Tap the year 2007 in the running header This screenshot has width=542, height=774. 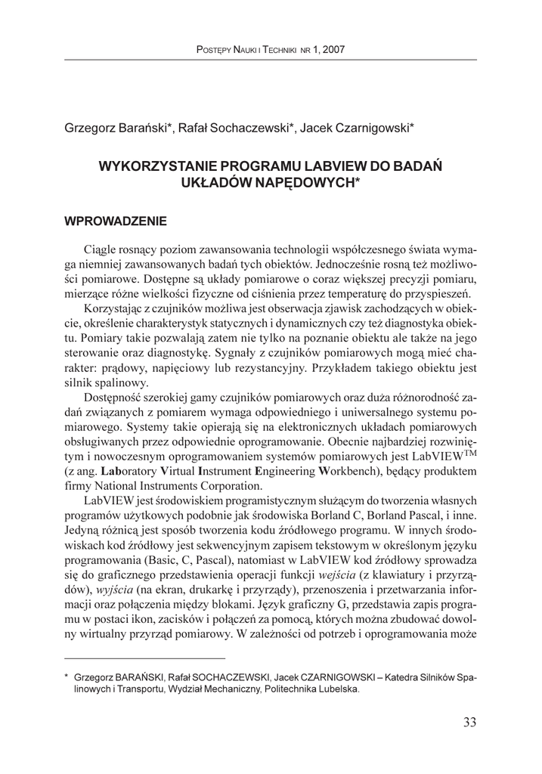[x=331, y=50]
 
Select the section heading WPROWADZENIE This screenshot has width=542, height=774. [x=116, y=222]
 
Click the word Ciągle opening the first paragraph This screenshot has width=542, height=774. [x=104, y=249]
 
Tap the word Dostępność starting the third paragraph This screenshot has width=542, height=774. [x=119, y=398]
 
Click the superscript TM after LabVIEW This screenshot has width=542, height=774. [x=469, y=455]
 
